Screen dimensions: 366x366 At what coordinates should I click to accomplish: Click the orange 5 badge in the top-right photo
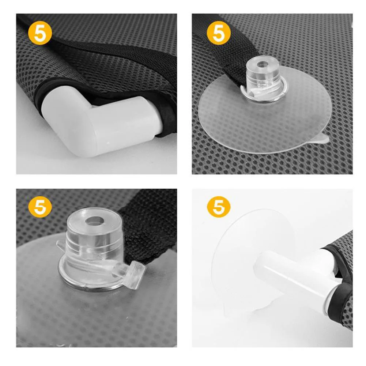[219, 33]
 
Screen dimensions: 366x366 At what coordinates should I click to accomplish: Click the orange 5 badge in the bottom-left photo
[40, 206]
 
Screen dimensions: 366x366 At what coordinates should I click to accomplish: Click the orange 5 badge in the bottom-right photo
[219, 206]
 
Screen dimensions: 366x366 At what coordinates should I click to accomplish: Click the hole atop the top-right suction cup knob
[263, 64]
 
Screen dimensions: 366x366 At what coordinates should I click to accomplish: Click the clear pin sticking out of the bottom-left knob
[131, 271]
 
